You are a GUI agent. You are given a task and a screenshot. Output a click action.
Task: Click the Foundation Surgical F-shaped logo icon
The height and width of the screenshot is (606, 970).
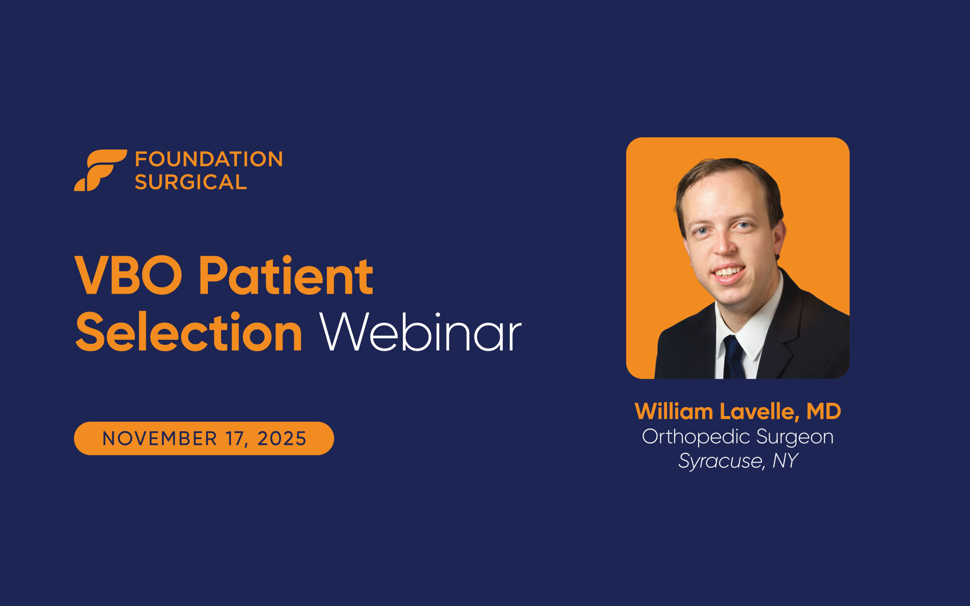click(100, 170)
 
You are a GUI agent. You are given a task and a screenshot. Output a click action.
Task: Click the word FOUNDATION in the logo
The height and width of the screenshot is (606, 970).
click(209, 159)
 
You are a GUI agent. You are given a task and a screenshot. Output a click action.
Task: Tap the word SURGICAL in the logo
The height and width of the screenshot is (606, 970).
click(191, 182)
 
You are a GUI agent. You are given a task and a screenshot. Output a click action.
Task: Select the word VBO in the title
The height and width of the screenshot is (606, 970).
click(128, 275)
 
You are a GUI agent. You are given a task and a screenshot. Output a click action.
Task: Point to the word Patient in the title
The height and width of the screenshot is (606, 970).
click(286, 275)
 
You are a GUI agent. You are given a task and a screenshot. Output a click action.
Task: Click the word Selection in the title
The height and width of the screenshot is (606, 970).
click(188, 332)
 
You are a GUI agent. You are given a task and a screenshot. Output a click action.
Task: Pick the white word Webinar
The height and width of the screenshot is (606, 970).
click(420, 332)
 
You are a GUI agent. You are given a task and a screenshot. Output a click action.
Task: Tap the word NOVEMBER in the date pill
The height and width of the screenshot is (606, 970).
click(160, 439)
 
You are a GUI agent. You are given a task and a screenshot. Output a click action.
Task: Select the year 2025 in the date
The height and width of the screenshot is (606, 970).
click(282, 439)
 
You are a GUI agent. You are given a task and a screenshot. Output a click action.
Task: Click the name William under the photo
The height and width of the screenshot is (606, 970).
click(674, 411)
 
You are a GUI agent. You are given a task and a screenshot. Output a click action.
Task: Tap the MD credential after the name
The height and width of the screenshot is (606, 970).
click(824, 411)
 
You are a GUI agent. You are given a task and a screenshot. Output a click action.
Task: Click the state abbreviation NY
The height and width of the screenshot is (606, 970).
click(785, 461)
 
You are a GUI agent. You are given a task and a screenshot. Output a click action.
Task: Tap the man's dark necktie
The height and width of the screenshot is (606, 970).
click(733, 358)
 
